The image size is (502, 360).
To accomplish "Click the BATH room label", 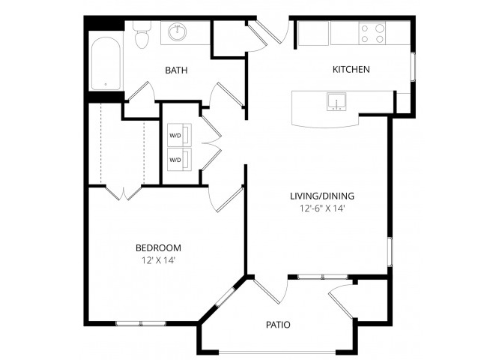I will [x=176, y=70].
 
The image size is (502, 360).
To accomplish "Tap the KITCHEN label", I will [x=351, y=70].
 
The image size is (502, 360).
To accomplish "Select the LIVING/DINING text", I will [x=321, y=196].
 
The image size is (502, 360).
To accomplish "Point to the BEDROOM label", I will [x=157, y=247].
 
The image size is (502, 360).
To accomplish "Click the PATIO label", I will [x=278, y=325].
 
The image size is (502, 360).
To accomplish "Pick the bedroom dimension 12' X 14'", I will [x=157, y=259].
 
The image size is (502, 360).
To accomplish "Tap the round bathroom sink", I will [x=178, y=32].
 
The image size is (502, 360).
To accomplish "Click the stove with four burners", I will [x=372, y=33].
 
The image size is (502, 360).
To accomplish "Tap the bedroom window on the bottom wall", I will [x=140, y=323].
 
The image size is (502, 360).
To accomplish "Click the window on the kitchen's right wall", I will [x=412, y=66].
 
